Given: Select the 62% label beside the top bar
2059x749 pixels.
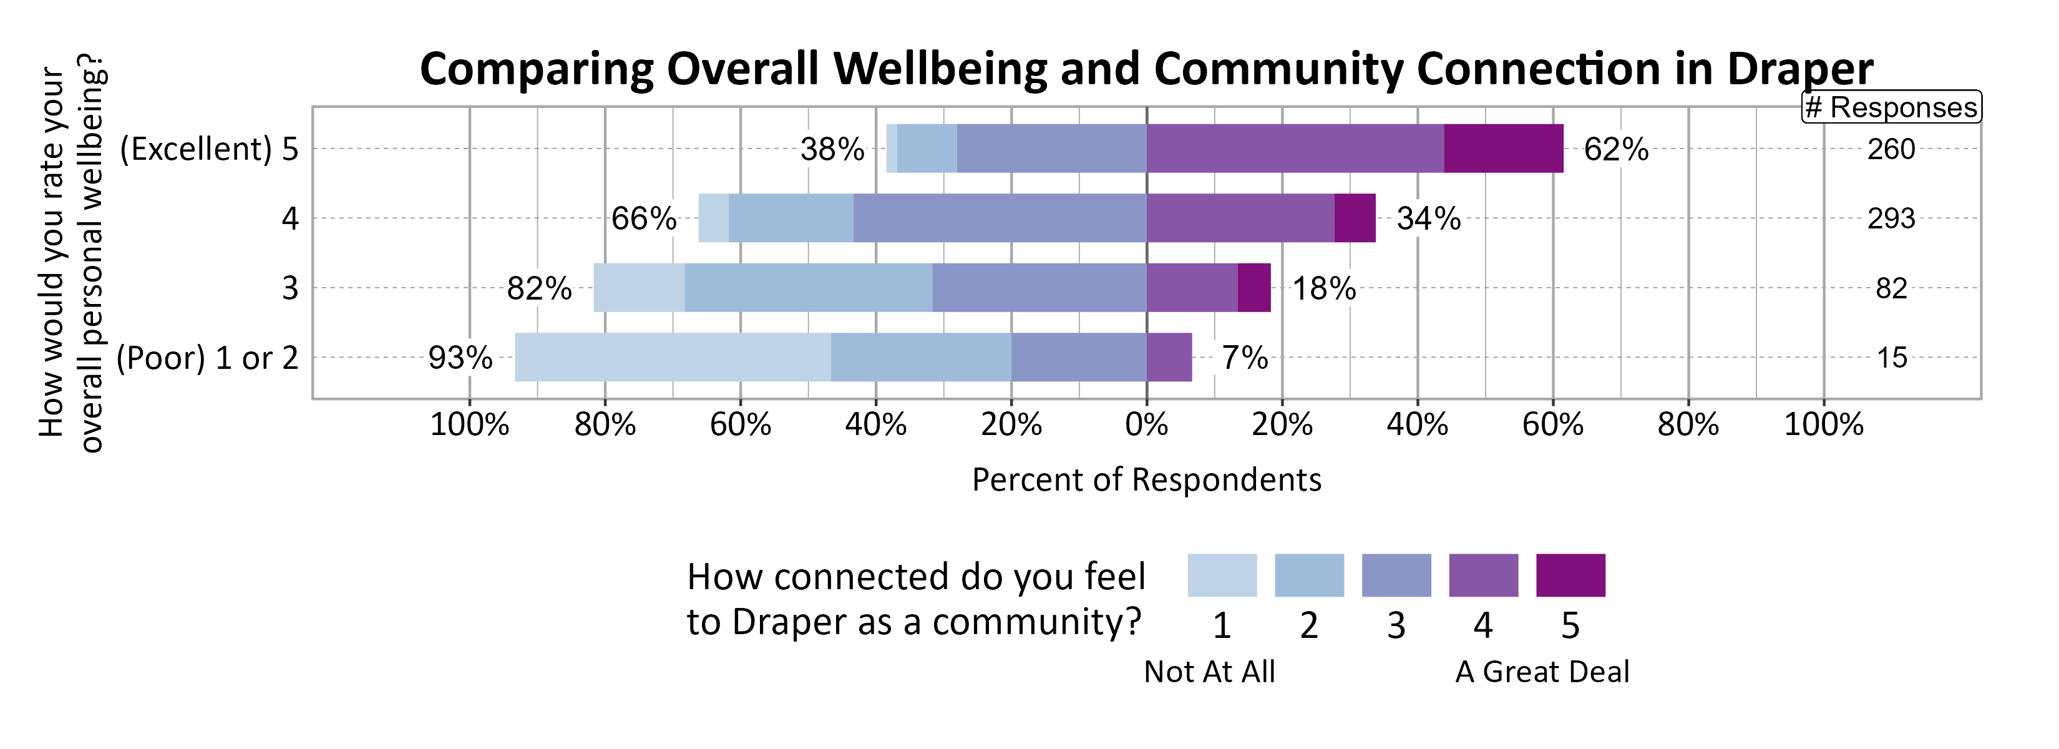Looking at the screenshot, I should tap(1615, 149).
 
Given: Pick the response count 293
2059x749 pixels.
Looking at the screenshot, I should tap(1891, 218).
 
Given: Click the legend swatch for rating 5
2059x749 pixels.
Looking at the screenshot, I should tap(1570, 575).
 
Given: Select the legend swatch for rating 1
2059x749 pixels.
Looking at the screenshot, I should tap(1221, 575).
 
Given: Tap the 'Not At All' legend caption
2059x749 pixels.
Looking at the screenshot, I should tap(1209, 672).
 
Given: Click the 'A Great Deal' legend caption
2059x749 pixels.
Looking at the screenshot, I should tap(1541, 672).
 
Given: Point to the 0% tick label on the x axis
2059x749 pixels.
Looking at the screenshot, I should tap(1146, 424).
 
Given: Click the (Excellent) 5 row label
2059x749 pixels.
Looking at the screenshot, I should tap(208, 149).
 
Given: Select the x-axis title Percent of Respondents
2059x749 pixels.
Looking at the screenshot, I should tap(1146, 479).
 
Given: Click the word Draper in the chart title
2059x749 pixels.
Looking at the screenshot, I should tap(1799, 69).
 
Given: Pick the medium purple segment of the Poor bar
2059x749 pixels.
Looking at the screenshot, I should tap(1169, 357).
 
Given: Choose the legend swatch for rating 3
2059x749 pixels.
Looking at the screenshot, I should tap(1396, 575).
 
